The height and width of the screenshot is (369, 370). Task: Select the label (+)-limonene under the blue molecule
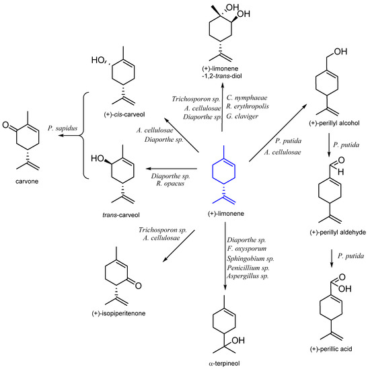[x=223, y=212]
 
